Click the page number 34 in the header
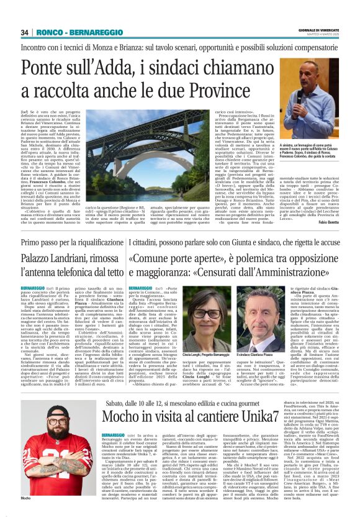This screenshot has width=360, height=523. pyautogui.click(x=25, y=32)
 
